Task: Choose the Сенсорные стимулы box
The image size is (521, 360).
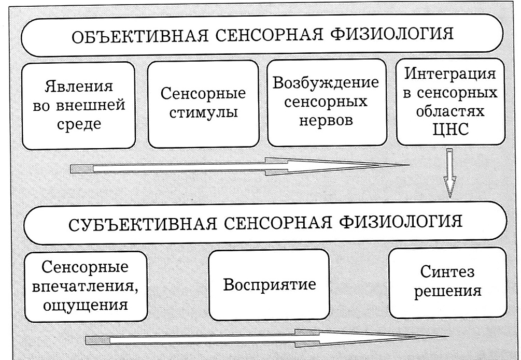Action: [x=203, y=104]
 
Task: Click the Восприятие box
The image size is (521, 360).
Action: [x=269, y=285]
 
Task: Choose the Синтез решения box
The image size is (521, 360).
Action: [x=447, y=283]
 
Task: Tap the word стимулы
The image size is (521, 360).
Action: [x=203, y=112]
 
